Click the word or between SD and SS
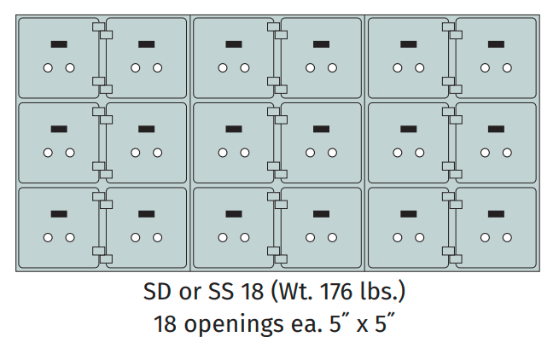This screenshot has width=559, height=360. (189, 293)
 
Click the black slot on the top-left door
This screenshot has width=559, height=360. (59, 44)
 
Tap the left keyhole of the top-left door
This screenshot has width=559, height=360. (48, 67)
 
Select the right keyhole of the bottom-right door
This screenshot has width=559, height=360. (507, 238)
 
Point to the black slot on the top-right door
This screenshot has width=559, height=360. (496, 44)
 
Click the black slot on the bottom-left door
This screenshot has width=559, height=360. (59, 214)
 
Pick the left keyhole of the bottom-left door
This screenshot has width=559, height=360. (48, 238)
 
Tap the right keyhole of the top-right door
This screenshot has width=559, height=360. (507, 67)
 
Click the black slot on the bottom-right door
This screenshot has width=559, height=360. (496, 214)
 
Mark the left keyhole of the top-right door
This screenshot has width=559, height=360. (485, 67)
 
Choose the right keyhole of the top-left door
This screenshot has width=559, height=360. (70, 67)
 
